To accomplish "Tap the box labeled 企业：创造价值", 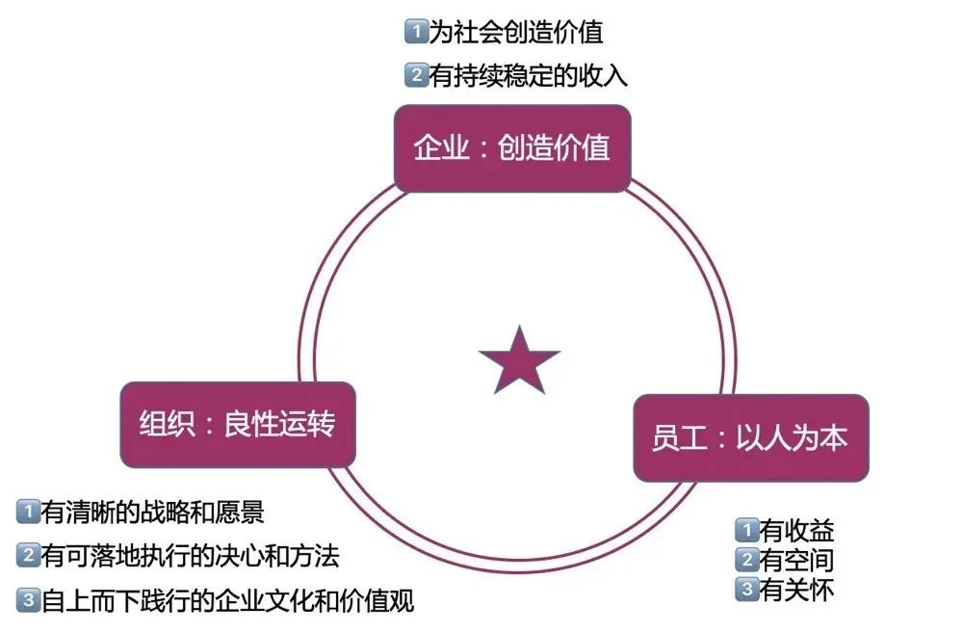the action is coord(512,148).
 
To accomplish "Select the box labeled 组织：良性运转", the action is coord(238,425).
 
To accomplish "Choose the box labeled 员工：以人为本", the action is coord(750,437).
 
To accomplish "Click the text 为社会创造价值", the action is coord(515,32).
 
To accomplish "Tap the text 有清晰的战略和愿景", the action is coord(152,511).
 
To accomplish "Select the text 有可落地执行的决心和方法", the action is coord(190,556).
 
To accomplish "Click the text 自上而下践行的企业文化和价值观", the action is coord(227,602).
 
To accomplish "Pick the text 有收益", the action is coord(796,530).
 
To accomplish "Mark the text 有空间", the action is coord(796,559).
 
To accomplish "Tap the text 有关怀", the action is coord(796,589).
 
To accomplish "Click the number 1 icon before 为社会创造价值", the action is coord(414,32).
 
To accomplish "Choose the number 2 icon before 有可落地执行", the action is coord(27,556).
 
